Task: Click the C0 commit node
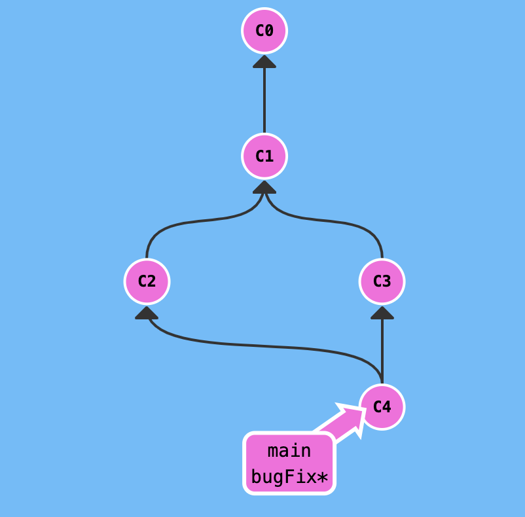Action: (264, 30)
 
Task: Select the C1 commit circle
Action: (264, 156)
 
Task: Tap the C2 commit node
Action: (147, 281)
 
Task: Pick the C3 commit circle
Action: (382, 281)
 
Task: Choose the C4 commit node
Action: (382, 406)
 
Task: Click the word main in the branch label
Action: (289, 451)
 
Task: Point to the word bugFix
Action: (283, 477)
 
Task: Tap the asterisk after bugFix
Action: (322, 478)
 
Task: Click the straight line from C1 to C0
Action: (264, 98)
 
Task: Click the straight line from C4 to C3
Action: (382, 347)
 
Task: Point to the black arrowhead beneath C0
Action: (264, 61)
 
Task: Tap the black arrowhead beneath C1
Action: (264, 187)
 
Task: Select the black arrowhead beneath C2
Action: (147, 313)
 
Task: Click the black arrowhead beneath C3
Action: (382, 313)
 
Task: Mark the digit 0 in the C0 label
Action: (270, 30)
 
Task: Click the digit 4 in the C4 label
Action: (387, 406)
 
